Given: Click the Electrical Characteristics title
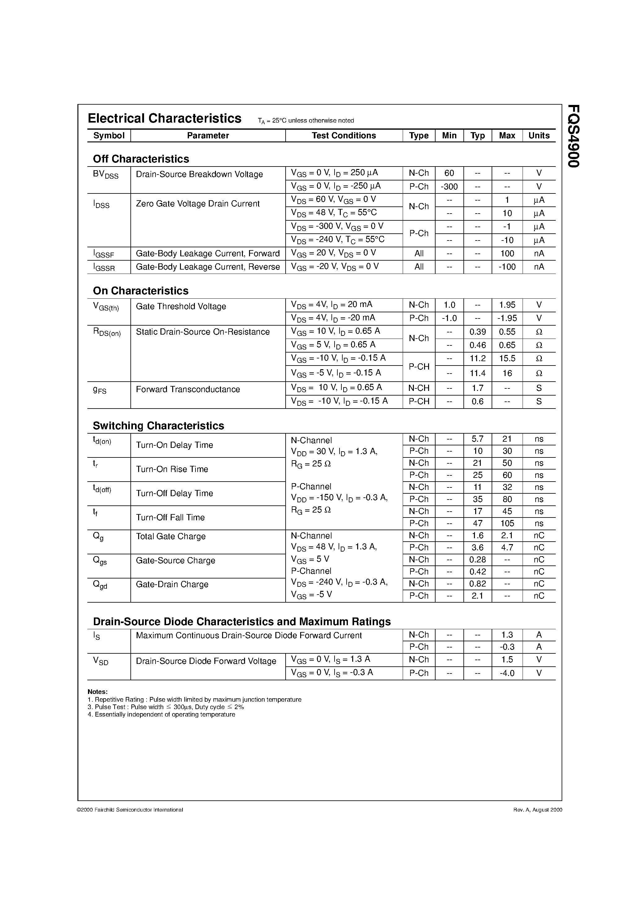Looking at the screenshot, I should click(164, 118).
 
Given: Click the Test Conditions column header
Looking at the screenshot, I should click(343, 136).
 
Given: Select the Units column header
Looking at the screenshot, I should click(539, 136).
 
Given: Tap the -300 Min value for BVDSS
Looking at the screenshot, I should click(449, 186).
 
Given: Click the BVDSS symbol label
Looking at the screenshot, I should click(105, 174).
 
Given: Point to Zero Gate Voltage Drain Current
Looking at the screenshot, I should click(198, 204).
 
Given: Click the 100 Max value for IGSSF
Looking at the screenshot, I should click(507, 253).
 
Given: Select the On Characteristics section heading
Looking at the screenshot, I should click(140, 291).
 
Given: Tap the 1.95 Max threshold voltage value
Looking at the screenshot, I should click(507, 305).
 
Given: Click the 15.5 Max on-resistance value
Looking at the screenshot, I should click(507, 358).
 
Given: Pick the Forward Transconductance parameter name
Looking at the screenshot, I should click(188, 389).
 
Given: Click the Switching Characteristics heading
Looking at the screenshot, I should click(158, 426).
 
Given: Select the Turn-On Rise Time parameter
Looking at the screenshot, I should click(172, 469).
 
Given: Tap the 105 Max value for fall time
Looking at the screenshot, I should click(507, 523).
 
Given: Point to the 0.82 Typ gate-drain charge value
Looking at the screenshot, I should click(477, 584).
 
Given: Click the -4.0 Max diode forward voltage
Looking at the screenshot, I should click(507, 673).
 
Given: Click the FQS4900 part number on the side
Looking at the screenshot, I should click(573, 136).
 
